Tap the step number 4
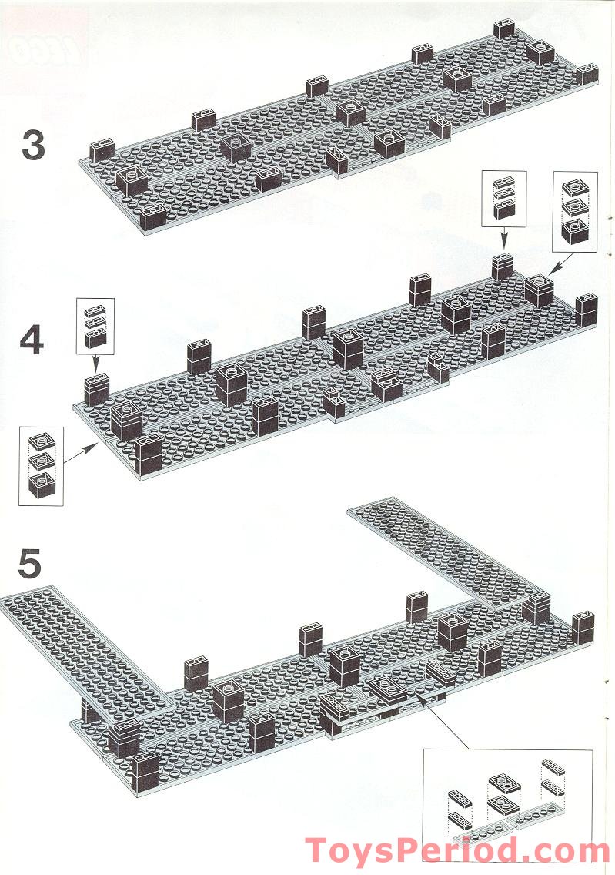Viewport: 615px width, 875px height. click(32, 340)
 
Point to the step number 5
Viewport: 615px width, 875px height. click(29, 564)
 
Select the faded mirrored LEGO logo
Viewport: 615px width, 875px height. click(45, 52)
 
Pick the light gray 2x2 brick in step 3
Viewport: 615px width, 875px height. click(236, 147)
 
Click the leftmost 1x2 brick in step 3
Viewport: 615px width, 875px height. click(102, 151)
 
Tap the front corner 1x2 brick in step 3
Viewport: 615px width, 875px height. click(153, 218)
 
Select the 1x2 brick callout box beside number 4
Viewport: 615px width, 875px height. click(95, 327)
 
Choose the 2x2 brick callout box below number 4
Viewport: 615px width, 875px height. click(42, 466)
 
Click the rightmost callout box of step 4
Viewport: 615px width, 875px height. click(574, 212)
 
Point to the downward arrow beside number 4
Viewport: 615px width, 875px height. click(96, 364)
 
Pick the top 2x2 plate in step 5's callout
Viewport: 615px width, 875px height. click(505, 783)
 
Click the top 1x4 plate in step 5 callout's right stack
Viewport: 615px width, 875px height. click(553, 766)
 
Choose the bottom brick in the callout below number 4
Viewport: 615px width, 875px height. click(42, 485)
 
